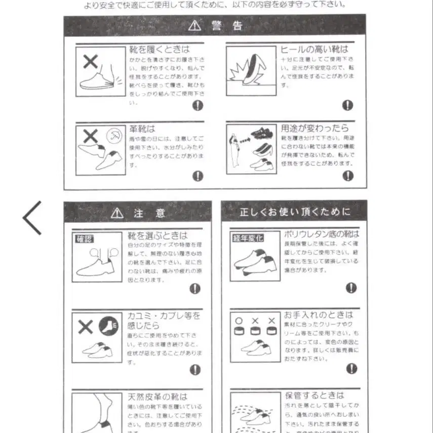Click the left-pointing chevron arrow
point(32,218)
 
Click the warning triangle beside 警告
point(194,25)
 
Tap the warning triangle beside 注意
point(117,213)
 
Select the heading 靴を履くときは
point(159,49)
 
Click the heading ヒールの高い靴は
point(314,49)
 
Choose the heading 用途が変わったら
point(314,128)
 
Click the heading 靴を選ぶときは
point(157,235)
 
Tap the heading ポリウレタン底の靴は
point(321,234)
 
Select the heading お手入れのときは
point(318,315)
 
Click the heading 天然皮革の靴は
point(157,397)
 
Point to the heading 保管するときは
point(314,395)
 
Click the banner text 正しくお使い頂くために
point(295,212)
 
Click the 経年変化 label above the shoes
point(248,238)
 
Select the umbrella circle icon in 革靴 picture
point(114,136)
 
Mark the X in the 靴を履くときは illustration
point(91,62)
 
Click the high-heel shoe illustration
point(251,70)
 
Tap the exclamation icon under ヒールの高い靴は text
point(347,105)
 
